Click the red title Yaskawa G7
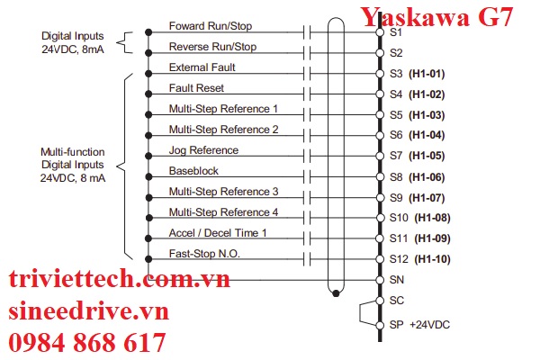coord(437,16)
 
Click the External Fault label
coord(203,67)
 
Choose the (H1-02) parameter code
coord(428,94)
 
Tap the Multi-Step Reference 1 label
coord(223,109)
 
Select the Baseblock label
coord(193,171)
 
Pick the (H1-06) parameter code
coord(428,176)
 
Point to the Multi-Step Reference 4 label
coord(223,212)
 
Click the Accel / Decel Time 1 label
coord(218,233)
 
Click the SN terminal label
coord(397,280)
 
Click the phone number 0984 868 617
coord(88,343)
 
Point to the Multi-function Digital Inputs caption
coord(73,166)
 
